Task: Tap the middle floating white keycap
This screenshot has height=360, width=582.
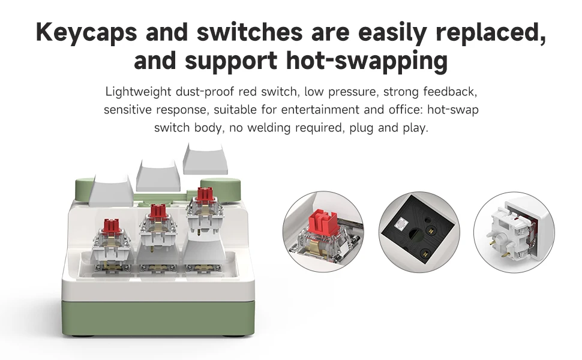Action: point(158,175)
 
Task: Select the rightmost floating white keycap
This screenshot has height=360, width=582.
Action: point(205,158)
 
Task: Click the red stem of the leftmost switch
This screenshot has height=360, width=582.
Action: point(111,226)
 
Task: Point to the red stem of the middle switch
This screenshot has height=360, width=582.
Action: point(158,212)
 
